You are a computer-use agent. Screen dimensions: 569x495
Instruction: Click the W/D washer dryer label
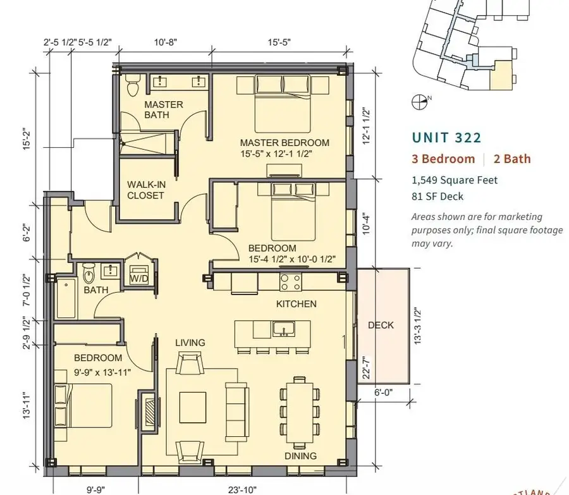point(139,279)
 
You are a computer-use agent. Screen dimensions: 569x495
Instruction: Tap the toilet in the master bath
point(132,85)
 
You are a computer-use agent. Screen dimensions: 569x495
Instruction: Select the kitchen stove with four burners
point(290,282)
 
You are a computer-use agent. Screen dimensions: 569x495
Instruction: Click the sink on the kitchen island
point(284,329)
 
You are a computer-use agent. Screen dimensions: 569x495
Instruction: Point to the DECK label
point(381,325)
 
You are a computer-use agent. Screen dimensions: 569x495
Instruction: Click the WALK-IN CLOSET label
point(146,190)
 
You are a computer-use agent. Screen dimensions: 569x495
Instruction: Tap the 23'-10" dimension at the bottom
point(242,490)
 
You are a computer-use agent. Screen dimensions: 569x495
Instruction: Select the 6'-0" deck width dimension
point(383,393)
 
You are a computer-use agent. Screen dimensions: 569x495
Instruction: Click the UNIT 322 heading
point(447,138)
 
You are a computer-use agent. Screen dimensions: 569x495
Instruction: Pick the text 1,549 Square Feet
point(455,180)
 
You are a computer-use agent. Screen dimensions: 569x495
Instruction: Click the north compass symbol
point(419,102)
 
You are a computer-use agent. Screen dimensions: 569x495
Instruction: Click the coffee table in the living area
point(193,407)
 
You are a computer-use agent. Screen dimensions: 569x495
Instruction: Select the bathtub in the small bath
point(66,298)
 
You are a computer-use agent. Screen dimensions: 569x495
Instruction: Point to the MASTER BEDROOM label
point(284,143)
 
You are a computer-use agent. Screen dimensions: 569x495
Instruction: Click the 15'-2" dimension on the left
point(28,138)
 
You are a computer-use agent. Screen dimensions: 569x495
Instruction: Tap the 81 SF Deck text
point(437,197)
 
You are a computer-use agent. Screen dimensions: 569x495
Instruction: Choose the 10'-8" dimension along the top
point(166,42)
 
